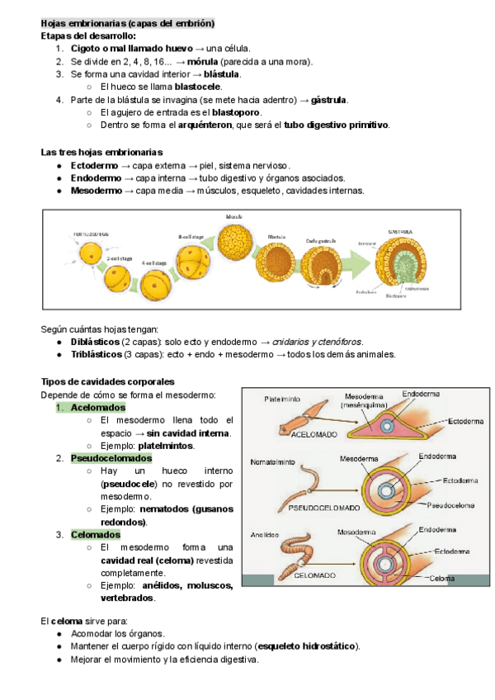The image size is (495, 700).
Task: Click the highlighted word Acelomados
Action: coord(98,407)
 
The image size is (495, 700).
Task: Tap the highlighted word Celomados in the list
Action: coord(96,534)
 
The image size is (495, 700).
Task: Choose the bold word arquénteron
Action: coord(205,125)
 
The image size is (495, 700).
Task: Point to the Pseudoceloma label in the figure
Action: coord(449,504)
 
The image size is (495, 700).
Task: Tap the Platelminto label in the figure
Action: coord(283,399)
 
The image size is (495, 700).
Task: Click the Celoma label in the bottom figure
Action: coord(441,578)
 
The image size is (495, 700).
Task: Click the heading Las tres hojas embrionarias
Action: coord(101,152)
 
